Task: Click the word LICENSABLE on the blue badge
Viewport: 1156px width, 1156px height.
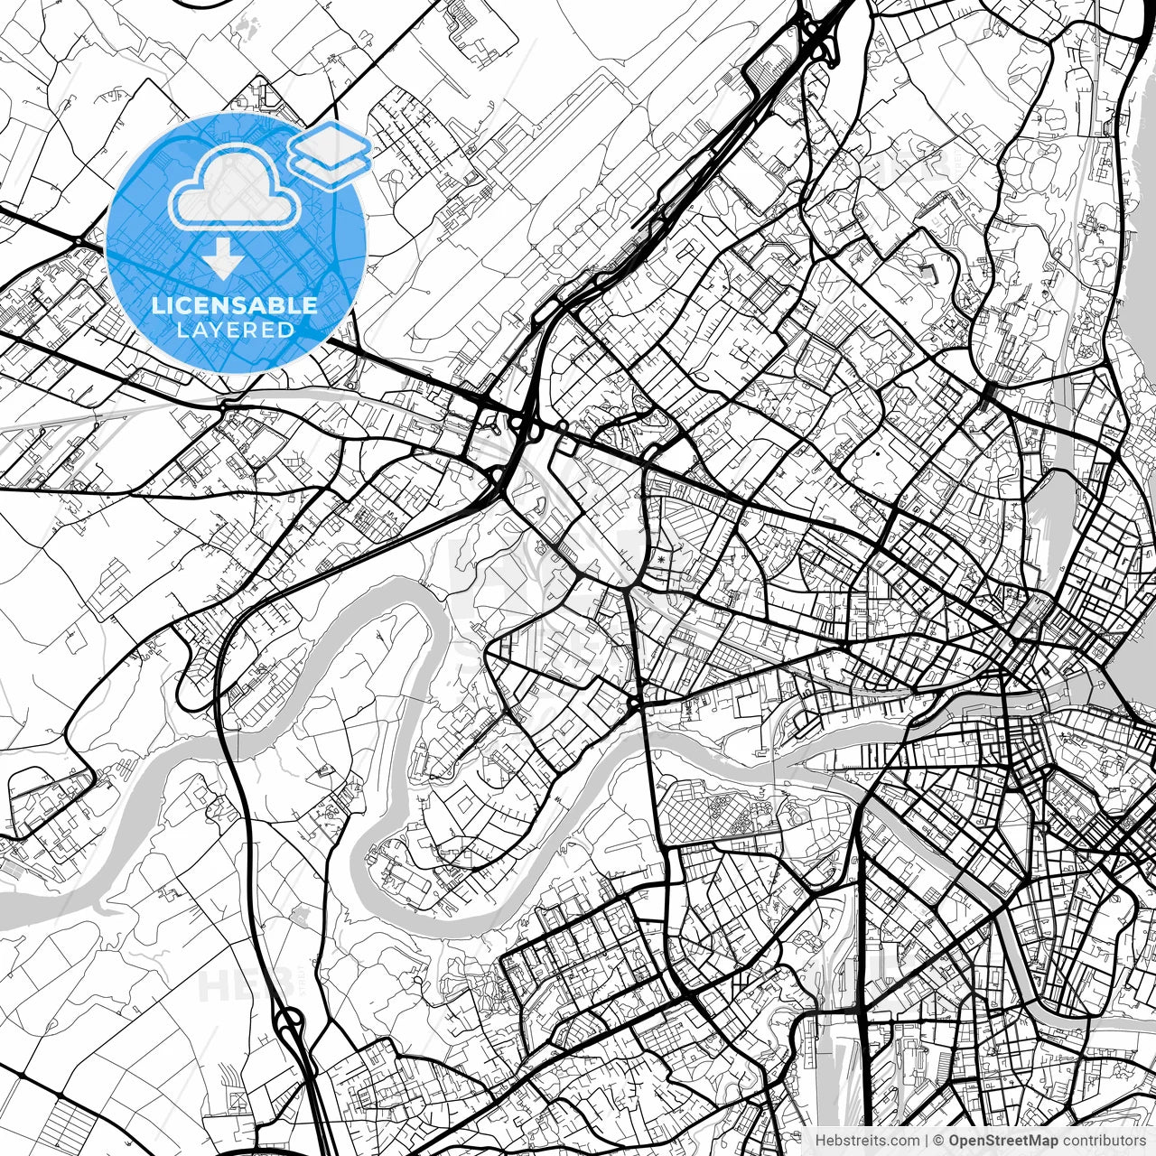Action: coord(235,305)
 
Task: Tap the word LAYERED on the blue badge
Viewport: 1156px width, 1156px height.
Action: coord(235,331)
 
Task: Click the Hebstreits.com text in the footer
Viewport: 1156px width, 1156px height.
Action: coord(868,1141)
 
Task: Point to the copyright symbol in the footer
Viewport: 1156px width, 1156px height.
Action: coord(939,1141)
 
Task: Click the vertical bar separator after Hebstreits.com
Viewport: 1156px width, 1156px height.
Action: coord(927,1141)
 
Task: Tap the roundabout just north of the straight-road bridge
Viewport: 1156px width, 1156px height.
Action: coord(636,702)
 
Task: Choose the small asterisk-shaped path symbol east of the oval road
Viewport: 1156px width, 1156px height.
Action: coord(667,562)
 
